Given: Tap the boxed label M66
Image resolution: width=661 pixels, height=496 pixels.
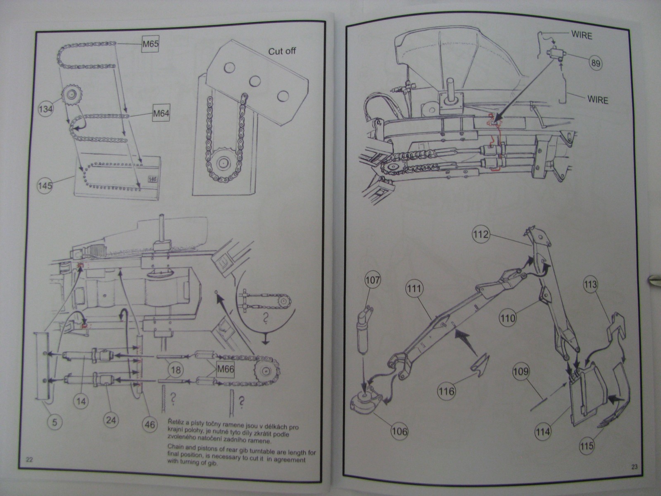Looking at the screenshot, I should pos(225,369).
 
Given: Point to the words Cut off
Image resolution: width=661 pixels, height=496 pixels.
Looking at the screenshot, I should pos(282,52).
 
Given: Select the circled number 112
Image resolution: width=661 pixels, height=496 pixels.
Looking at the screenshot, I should pos(481,235).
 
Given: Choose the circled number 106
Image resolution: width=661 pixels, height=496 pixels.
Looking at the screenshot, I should pos(399,432).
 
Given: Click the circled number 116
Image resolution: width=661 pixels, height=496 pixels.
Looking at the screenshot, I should pos(447,391).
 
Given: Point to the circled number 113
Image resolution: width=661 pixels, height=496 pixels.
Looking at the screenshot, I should pos(590,284).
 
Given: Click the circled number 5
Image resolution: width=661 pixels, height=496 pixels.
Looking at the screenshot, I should pos(54,422).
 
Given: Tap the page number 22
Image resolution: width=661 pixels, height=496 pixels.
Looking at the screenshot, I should pos(29,460).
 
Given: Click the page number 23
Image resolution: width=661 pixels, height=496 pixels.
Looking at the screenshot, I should pos(635,467).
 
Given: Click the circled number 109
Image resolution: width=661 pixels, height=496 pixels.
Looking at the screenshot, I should pos(521,372).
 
